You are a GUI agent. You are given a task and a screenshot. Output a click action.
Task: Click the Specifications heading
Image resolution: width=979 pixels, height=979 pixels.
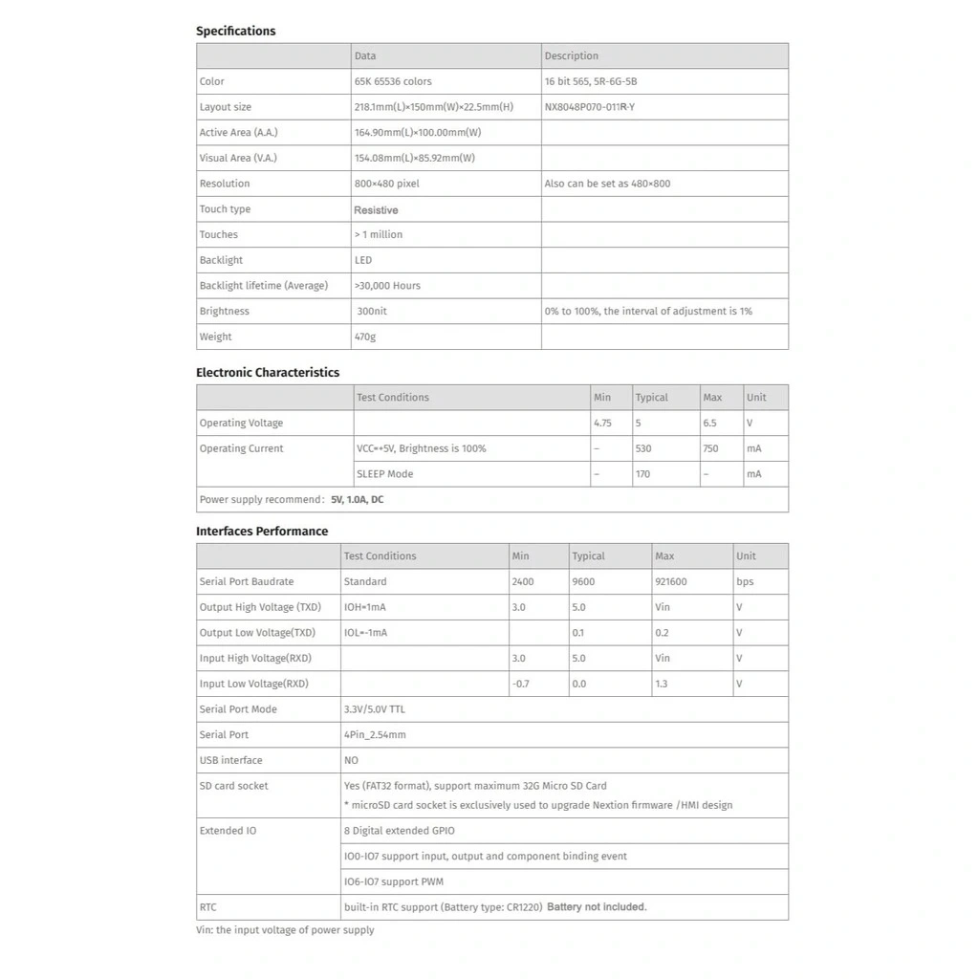coord(235,31)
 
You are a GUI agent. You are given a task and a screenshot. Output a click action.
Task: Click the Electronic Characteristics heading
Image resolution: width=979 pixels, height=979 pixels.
coord(268,372)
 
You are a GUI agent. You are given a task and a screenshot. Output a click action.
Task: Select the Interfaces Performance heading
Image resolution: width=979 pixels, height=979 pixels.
coord(262,531)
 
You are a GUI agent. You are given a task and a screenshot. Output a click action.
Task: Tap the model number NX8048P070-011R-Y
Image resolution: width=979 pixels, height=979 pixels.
coord(589,107)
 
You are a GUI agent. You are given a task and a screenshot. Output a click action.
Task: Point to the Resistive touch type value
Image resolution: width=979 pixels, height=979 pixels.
coord(376,209)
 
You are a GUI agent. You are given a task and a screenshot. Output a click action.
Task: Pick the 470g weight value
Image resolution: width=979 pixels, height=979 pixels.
coord(365,337)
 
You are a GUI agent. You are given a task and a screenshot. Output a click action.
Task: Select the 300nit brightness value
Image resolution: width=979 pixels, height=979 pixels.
coord(372,311)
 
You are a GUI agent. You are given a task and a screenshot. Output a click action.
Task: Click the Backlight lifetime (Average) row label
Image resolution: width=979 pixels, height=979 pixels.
coord(263,285)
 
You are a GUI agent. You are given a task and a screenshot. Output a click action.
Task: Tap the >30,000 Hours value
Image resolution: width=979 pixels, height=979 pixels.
coord(387,285)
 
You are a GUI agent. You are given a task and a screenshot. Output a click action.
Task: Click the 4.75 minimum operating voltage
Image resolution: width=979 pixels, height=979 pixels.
coord(602,423)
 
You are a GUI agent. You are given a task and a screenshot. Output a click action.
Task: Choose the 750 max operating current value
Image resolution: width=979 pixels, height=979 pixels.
coord(710,448)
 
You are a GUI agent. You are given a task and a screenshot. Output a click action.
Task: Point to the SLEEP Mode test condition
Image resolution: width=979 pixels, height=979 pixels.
coord(385,473)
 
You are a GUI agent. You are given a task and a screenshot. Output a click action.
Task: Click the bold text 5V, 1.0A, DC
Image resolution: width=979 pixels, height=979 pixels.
coord(358,499)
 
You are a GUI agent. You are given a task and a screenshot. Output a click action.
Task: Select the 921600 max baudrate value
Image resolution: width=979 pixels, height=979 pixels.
coord(671,581)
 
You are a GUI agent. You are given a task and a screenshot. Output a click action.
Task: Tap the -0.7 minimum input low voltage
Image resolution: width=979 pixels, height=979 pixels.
coord(521,684)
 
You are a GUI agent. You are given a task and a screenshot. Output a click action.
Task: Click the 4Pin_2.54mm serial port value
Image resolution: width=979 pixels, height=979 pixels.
coord(375,734)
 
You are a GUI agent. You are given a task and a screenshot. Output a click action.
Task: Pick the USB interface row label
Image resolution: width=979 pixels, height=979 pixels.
coord(230,760)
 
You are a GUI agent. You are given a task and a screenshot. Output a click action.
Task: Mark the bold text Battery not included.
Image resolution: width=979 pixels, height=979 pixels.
coord(597,906)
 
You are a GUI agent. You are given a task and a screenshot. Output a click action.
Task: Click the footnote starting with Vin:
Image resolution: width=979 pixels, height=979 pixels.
coord(285,929)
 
